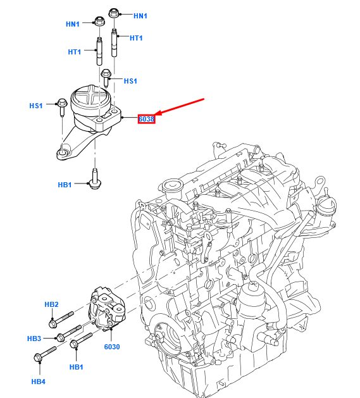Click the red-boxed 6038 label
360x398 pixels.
coord(147,118)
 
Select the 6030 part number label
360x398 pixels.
coord(111,347)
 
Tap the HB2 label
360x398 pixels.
coord(52,304)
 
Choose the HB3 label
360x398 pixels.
coord(34,339)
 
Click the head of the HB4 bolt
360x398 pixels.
coord(37,358)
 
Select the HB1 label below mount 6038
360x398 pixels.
coord(65,185)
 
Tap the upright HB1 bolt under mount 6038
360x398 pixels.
coord(94,177)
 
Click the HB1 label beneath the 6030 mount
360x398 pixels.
coord(77,367)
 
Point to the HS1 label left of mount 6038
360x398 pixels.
coord(37,106)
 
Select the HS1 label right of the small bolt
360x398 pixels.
coord(130,81)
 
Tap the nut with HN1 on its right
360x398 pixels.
coord(114,13)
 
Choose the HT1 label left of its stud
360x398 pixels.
coord(75,52)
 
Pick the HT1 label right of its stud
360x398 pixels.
coord(136,38)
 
